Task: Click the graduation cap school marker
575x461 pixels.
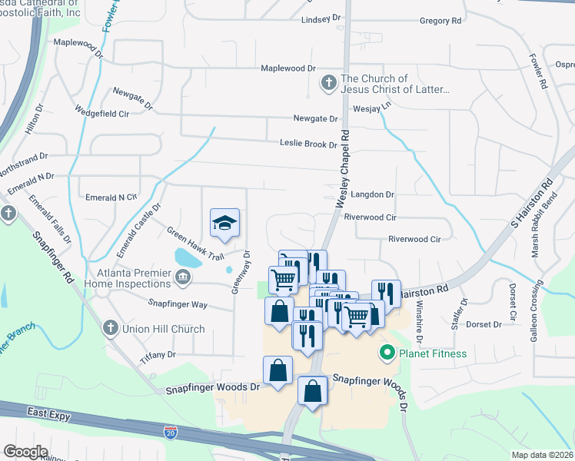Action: pos(224,224)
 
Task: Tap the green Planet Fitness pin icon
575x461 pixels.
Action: pos(387,353)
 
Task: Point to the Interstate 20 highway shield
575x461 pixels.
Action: pos(171,433)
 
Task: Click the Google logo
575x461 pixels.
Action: pos(25,451)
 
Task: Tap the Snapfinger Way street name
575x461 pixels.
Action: pos(178,304)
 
